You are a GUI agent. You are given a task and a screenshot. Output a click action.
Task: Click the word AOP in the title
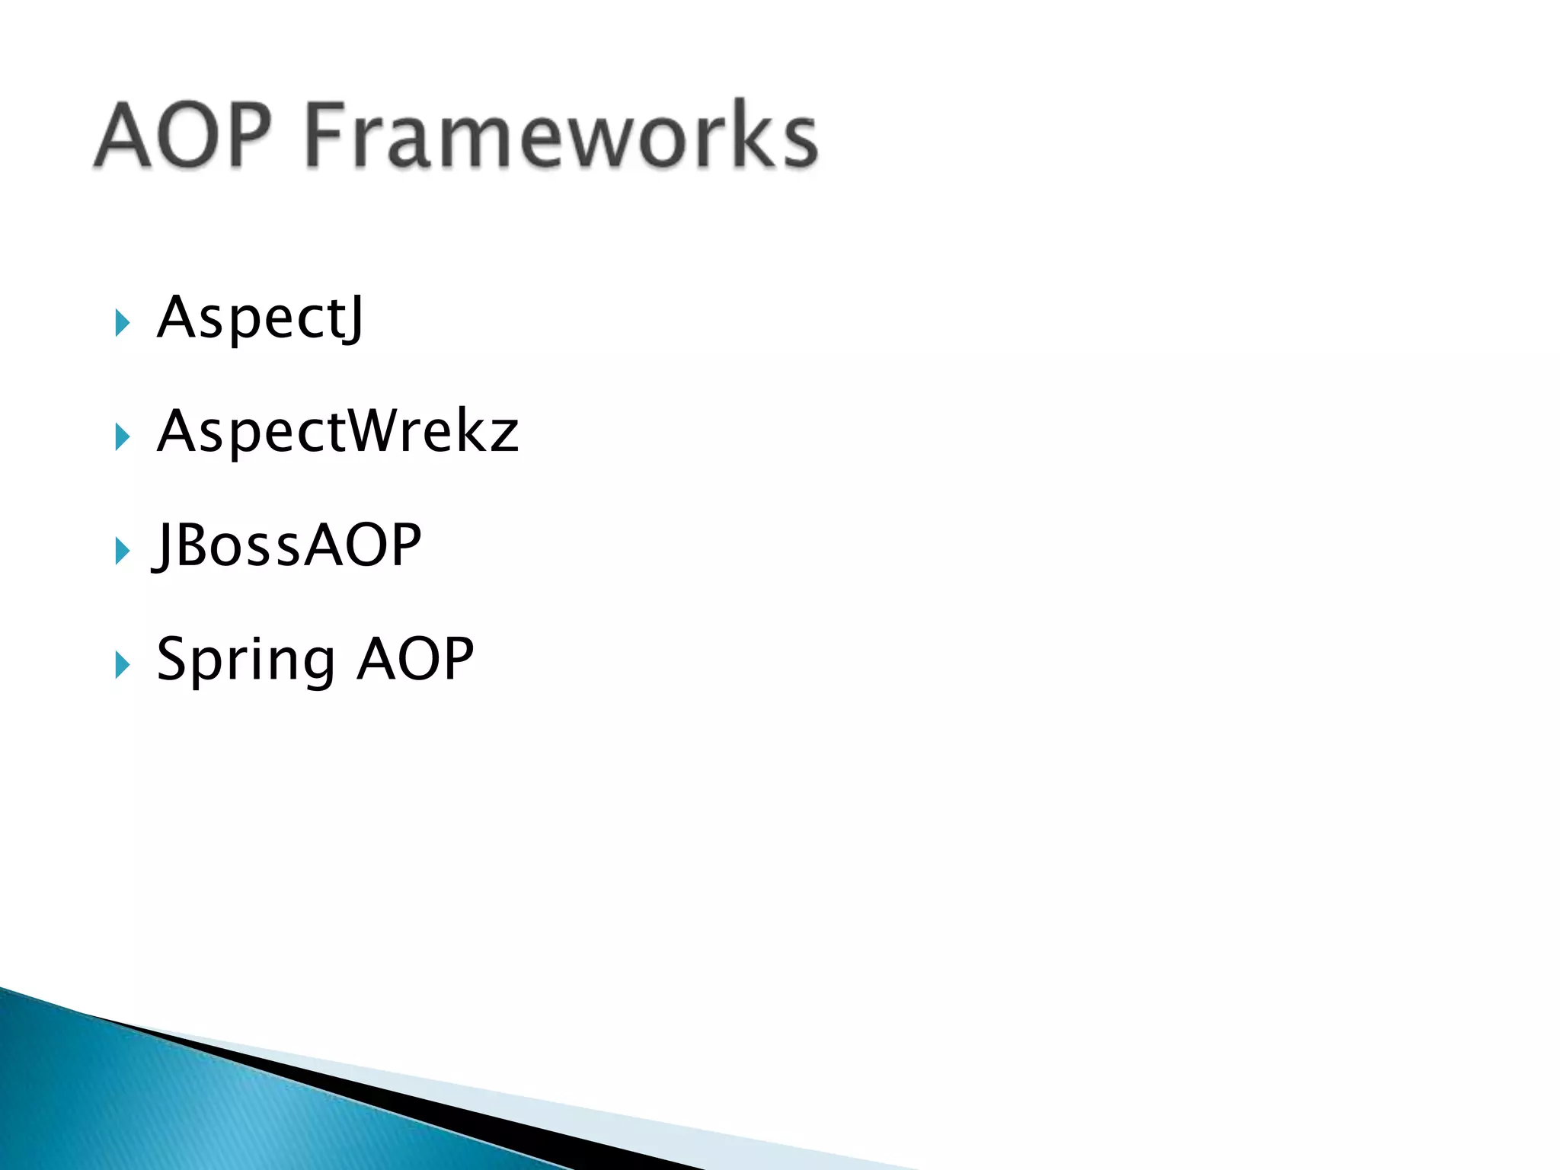[183, 136]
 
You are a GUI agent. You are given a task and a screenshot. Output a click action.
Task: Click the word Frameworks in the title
[561, 136]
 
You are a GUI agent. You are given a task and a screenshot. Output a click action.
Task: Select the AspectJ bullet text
[261, 318]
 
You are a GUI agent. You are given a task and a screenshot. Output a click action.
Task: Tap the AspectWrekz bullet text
[337, 432]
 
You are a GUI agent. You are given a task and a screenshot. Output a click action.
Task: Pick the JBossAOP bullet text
[287, 545]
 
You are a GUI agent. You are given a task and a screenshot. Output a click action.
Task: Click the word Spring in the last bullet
[245, 660]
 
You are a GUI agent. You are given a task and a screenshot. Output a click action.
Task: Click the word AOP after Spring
[416, 660]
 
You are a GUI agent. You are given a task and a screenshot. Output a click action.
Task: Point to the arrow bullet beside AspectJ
[122, 323]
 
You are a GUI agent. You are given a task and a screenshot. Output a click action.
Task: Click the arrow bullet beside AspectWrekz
[122, 436]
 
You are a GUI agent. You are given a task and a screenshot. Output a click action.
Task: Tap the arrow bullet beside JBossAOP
[122, 551]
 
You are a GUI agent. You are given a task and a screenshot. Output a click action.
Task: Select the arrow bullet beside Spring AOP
[122, 665]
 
